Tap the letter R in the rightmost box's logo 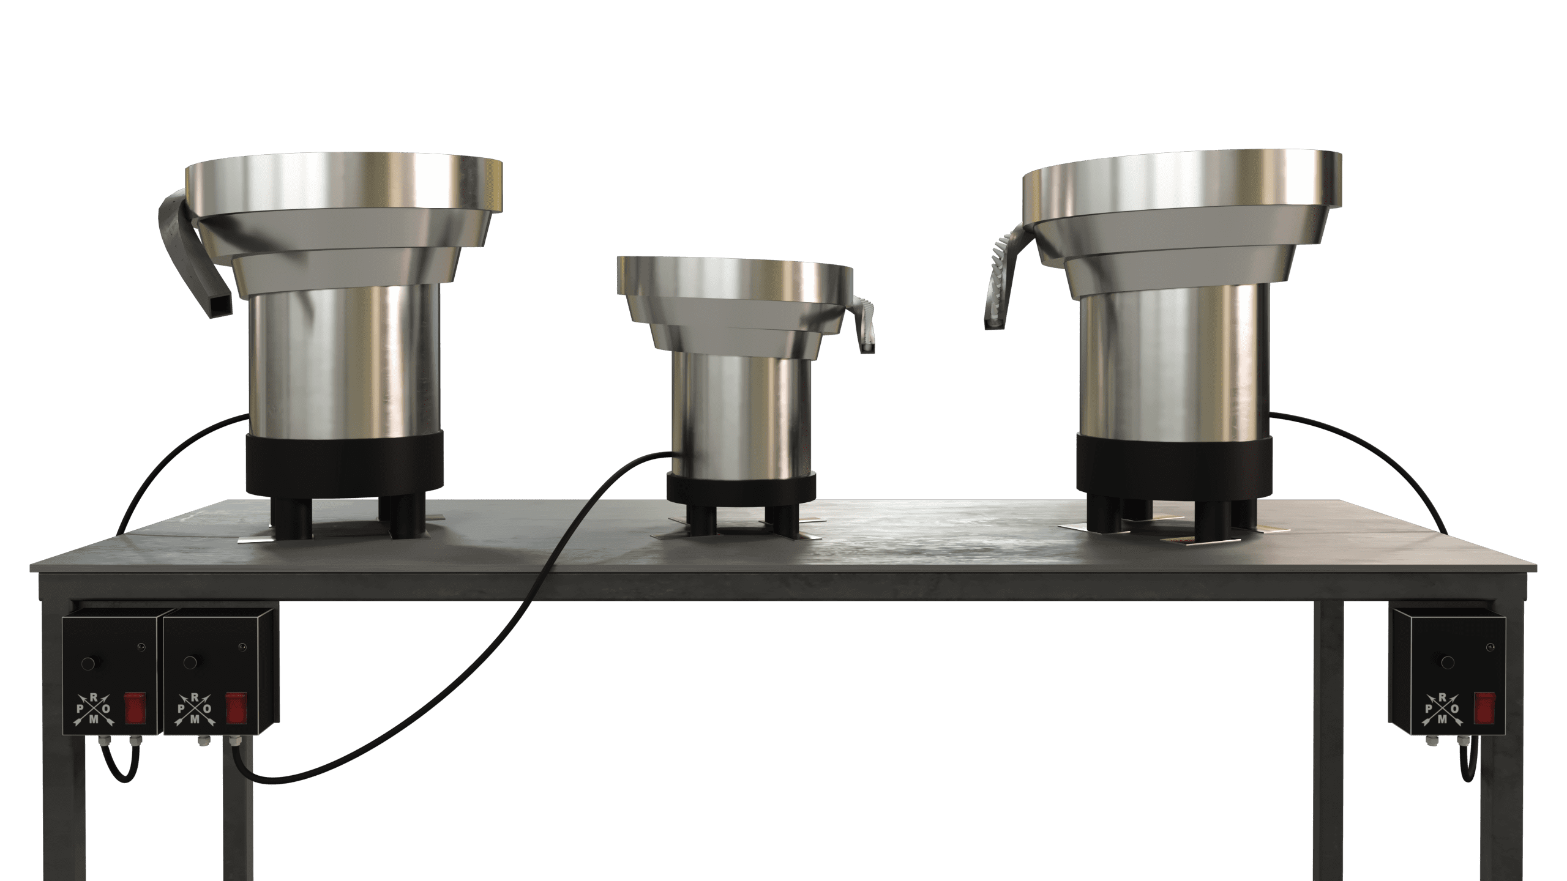pyautogui.click(x=1443, y=697)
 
